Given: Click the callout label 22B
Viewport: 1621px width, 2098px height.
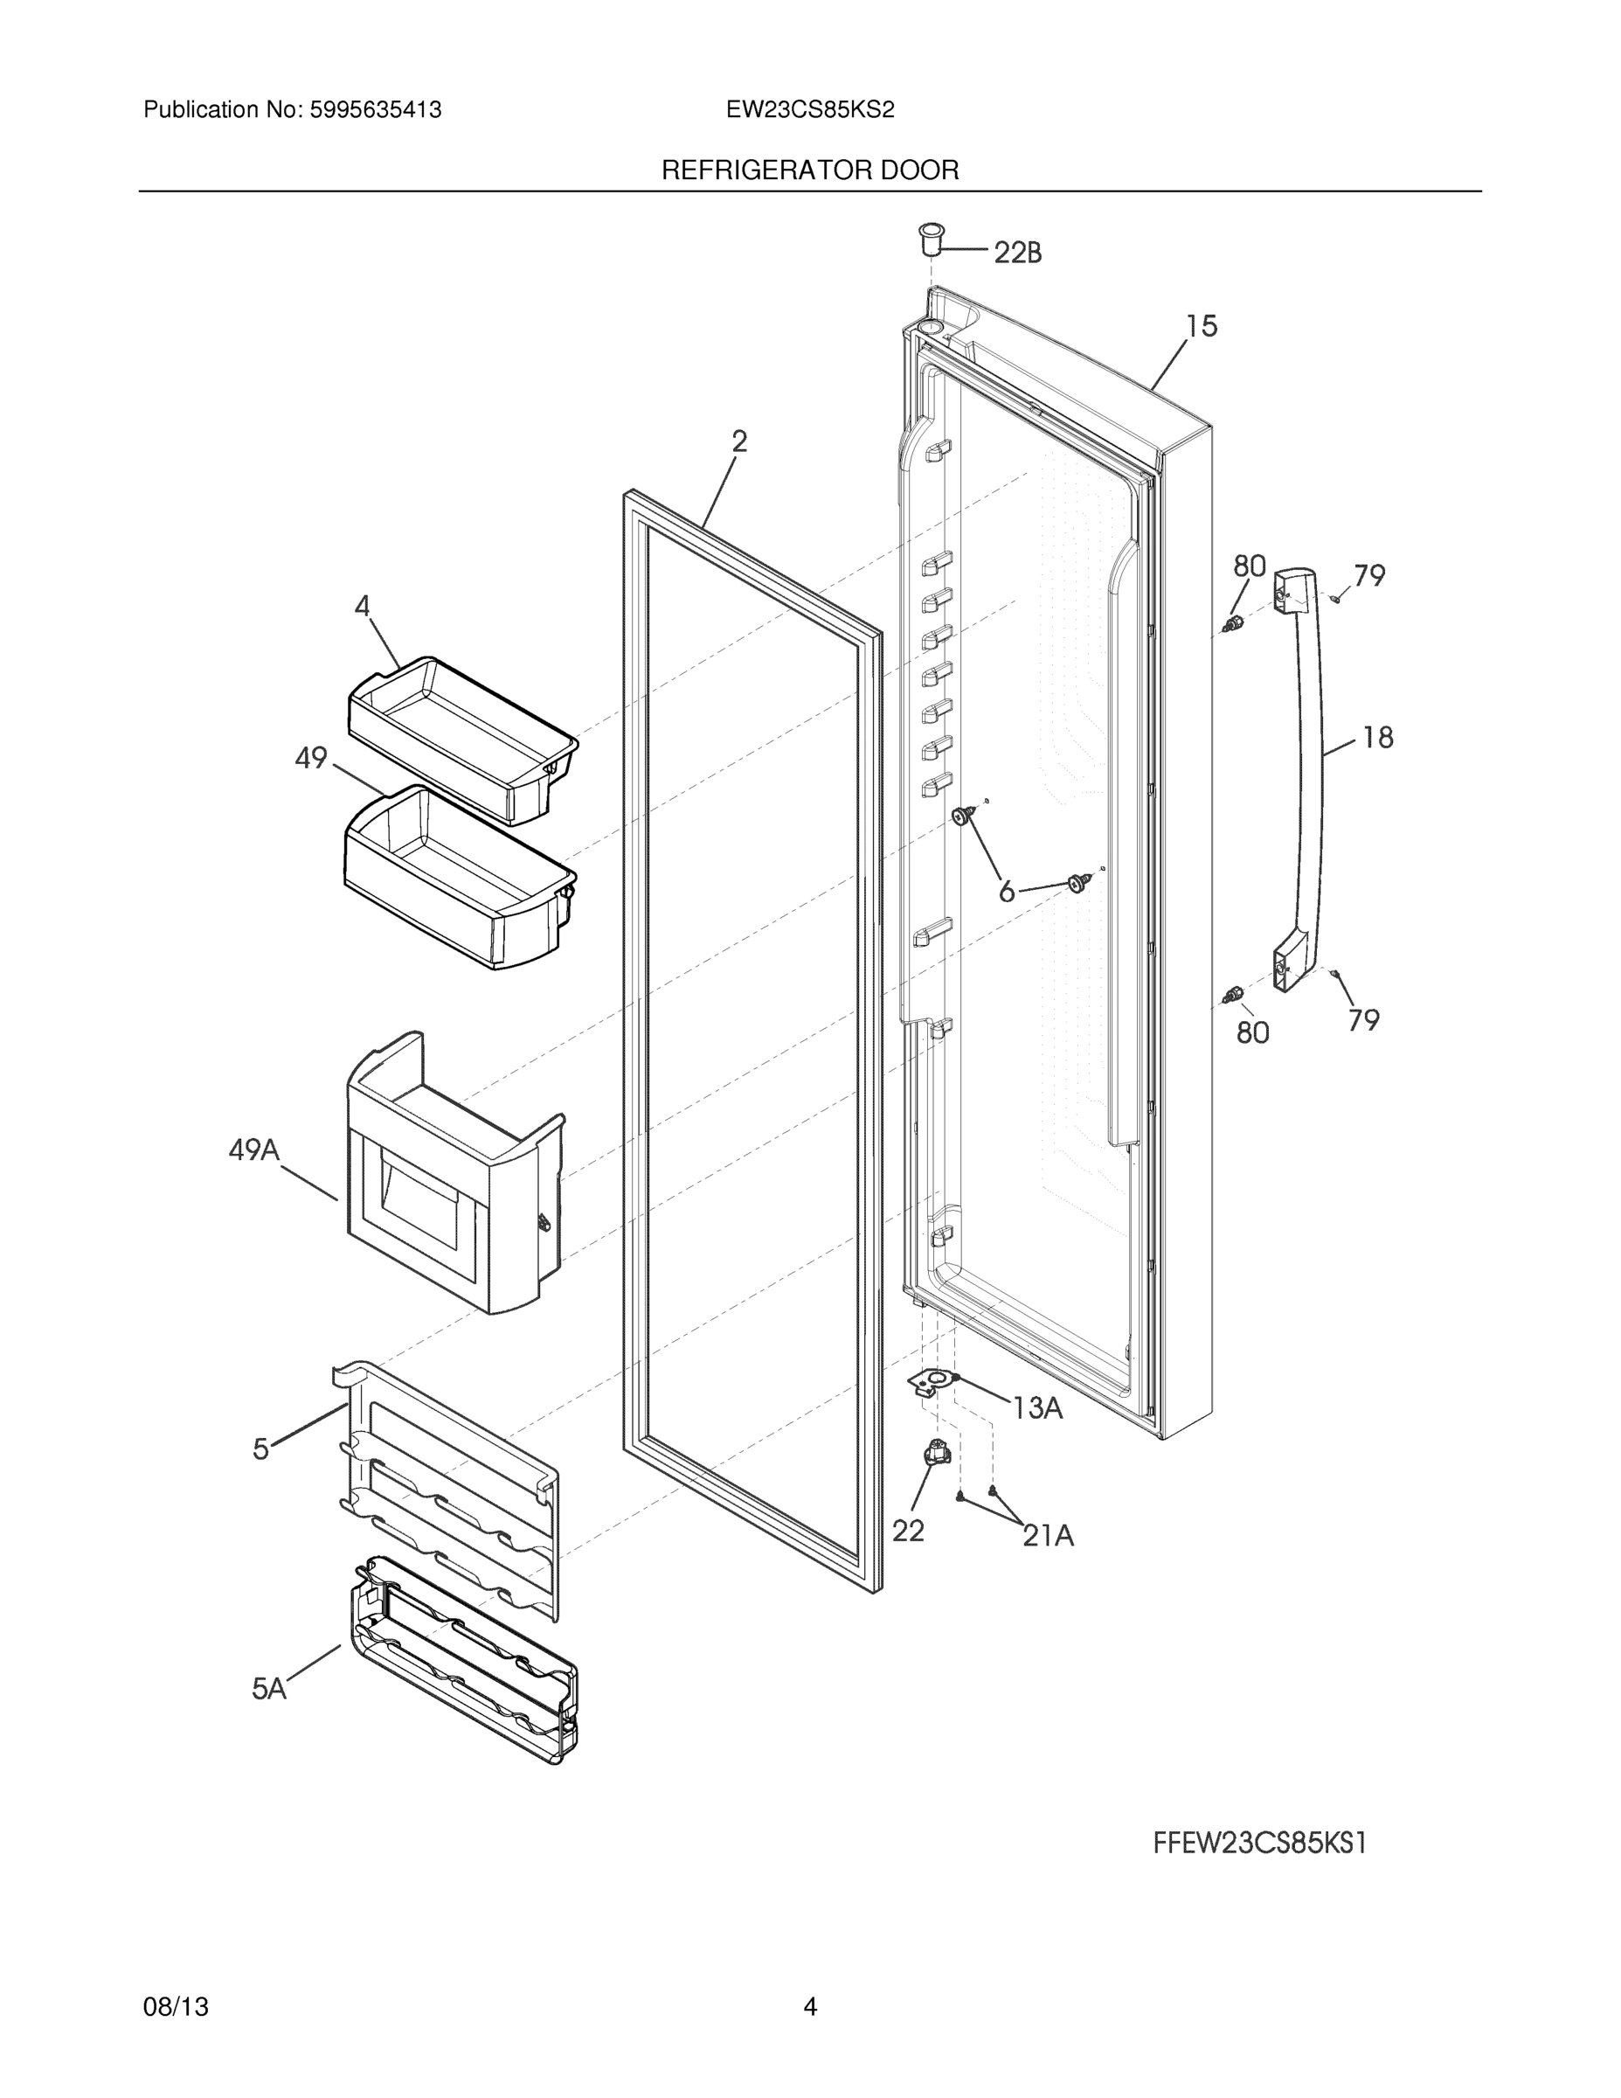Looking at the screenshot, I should tap(1017, 253).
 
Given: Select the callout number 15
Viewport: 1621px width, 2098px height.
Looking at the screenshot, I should tap(1201, 327).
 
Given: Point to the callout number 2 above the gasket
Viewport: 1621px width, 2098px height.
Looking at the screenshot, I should tap(738, 441).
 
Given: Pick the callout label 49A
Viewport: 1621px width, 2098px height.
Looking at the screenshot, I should tap(253, 1150).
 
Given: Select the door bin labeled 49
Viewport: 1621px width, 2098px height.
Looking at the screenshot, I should tap(459, 874).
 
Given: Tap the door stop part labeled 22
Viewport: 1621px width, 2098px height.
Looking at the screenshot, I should tap(934, 1454).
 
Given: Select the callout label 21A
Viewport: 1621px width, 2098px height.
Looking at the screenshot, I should tap(1048, 1536).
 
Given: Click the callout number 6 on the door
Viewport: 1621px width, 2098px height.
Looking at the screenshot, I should tap(1007, 893).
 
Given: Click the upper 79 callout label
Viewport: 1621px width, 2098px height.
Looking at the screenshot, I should tap(1369, 575).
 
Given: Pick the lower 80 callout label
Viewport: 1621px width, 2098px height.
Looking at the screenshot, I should tap(1252, 1032).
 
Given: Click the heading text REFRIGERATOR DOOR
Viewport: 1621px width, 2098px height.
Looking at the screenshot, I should tap(809, 170).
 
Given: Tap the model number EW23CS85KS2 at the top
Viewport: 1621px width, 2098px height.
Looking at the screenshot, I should tap(809, 109).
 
